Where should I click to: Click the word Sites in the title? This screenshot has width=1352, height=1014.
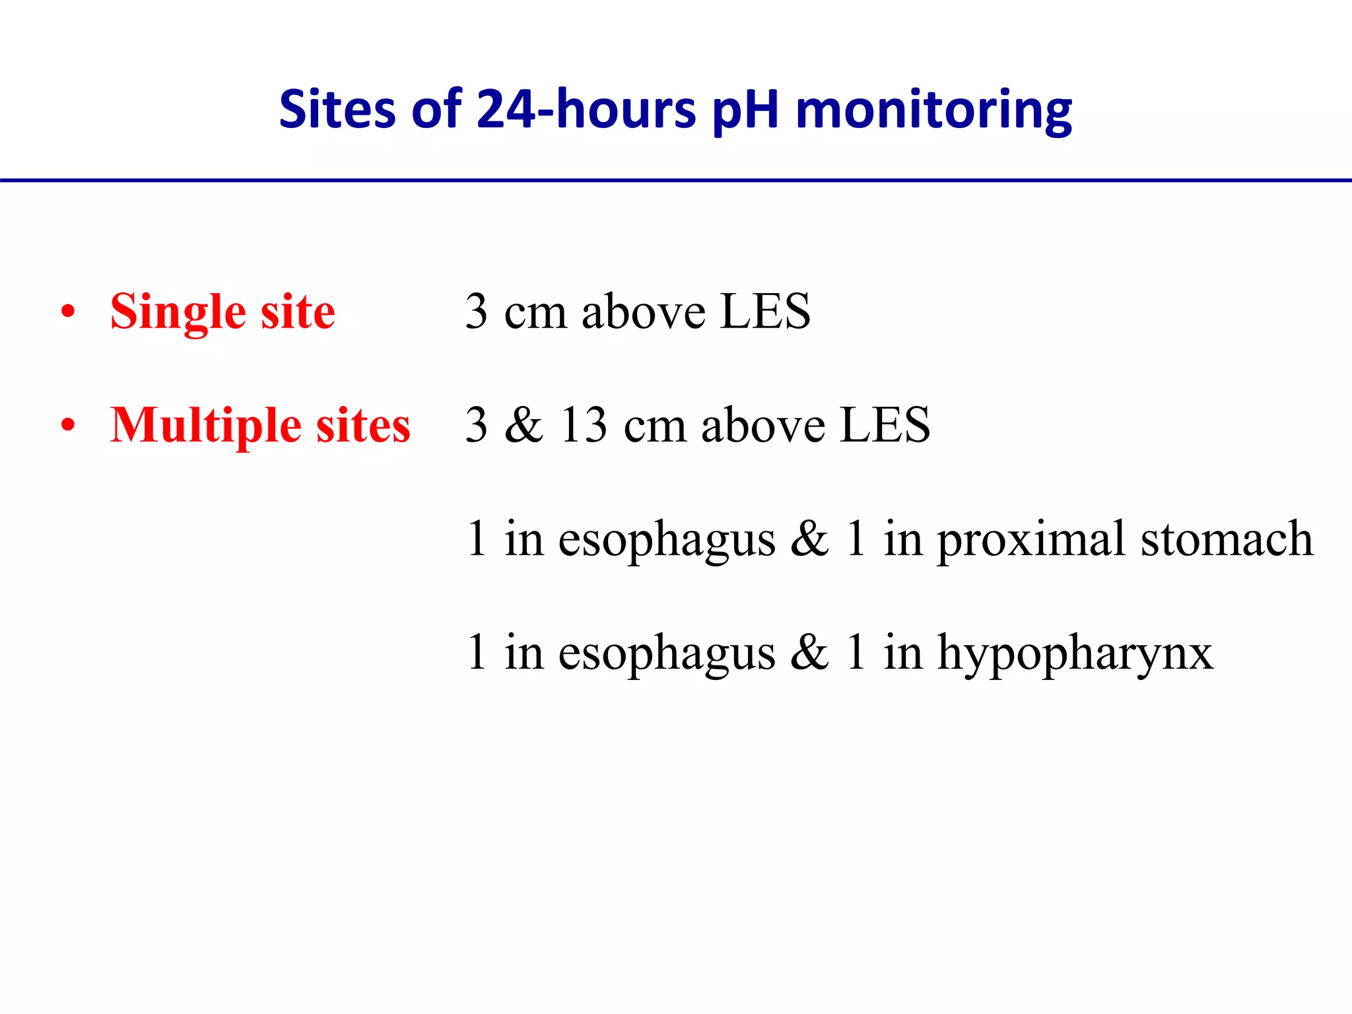pyautogui.click(x=337, y=109)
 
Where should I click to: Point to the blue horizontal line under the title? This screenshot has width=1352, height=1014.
pyautogui.click(x=676, y=180)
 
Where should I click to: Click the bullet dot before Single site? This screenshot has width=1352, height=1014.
pyautogui.click(x=67, y=312)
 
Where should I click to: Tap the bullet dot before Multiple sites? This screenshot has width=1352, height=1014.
pyautogui.click(x=67, y=425)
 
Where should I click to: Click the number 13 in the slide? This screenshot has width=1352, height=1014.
pyautogui.click(x=583, y=424)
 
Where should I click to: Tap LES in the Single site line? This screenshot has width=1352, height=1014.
pyautogui.click(x=765, y=311)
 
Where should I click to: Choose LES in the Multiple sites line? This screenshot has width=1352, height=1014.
pyautogui.click(x=885, y=424)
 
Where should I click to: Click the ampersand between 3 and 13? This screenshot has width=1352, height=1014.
pyautogui.click(x=524, y=424)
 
